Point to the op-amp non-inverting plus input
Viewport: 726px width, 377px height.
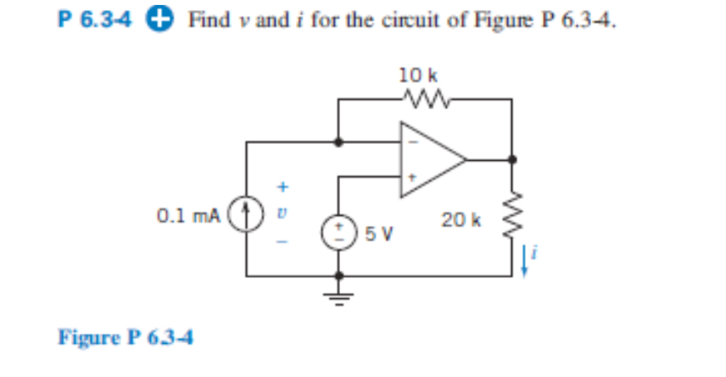coord(413,178)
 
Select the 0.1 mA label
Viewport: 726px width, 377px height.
coord(188,217)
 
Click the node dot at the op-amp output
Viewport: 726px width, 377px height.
coord(511,158)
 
